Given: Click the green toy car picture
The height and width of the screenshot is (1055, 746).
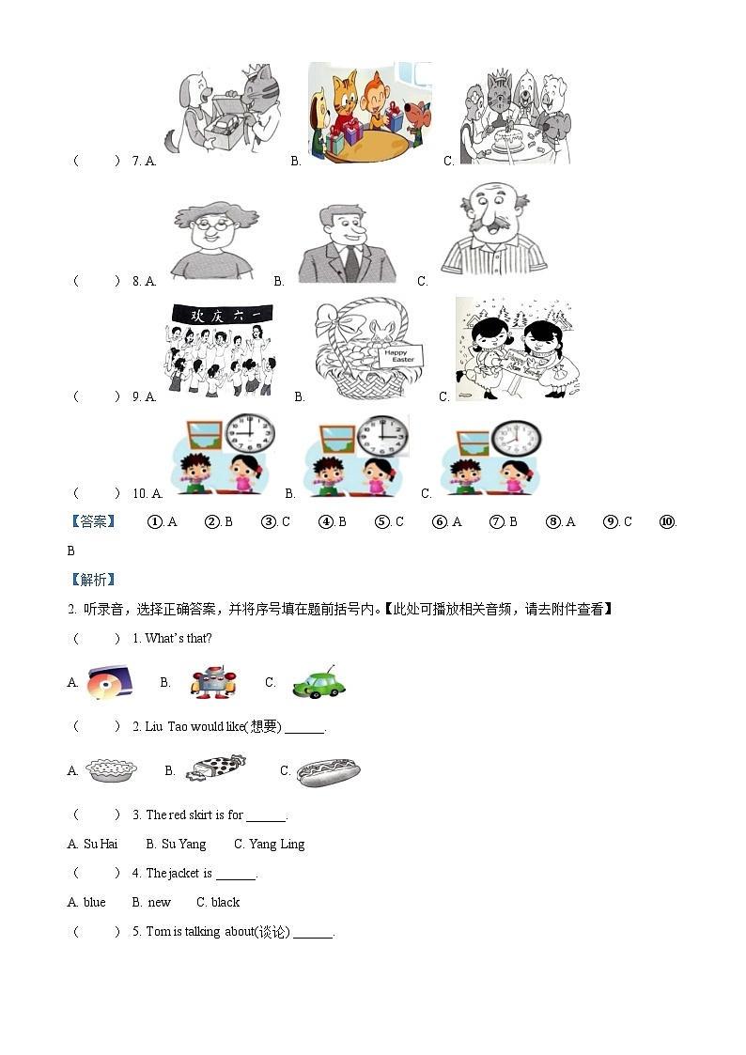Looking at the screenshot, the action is [x=319, y=682].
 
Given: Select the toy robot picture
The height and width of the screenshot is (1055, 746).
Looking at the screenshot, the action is [x=213, y=682].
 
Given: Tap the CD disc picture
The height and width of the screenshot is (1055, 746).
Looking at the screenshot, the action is [x=110, y=682].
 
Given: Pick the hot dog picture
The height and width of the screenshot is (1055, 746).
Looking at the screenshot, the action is [x=328, y=771].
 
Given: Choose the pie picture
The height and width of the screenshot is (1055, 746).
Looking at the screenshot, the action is [x=111, y=770].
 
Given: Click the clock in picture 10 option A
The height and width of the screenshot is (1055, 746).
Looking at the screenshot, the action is [x=250, y=433].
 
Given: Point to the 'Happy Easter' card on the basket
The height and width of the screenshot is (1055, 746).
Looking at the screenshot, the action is [x=401, y=356].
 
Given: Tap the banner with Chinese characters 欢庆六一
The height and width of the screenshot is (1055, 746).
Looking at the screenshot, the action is [x=222, y=315].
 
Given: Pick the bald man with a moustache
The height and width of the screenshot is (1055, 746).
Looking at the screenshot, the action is [x=494, y=229].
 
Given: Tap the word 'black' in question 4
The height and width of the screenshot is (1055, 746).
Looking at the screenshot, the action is [x=225, y=902].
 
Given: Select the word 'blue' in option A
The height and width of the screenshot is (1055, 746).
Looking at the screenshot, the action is [x=94, y=902].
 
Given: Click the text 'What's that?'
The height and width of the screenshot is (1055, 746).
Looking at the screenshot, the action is [x=179, y=639].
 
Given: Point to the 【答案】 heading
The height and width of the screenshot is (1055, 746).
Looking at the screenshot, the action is [x=94, y=521].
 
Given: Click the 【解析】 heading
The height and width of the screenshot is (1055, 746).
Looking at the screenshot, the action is [x=94, y=580].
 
